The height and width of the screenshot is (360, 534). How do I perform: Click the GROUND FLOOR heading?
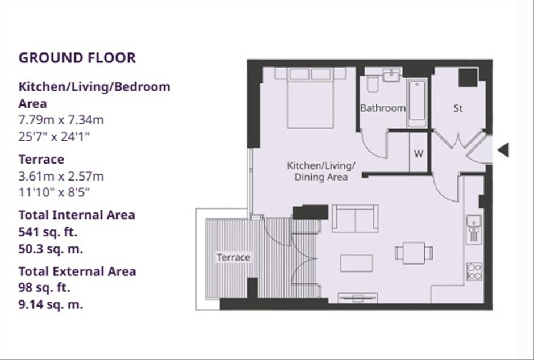pyautogui.click(x=77, y=57)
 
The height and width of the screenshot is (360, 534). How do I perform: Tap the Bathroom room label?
pyautogui.click(x=383, y=108)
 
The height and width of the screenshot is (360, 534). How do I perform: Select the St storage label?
pyautogui.click(x=458, y=108)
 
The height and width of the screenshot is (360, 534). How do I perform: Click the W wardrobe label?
pyautogui.click(x=419, y=154)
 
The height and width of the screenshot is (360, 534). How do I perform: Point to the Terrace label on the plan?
pyautogui.click(x=233, y=257)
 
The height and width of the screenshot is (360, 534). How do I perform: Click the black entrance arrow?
pyautogui.click(x=503, y=150)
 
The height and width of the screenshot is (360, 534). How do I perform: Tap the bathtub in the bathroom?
pyautogui.click(x=417, y=103)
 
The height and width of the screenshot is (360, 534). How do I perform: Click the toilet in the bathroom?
pyautogui.click(x=372, y=84)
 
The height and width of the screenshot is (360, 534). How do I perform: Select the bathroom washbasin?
pyautogui.click(x=392, y=75)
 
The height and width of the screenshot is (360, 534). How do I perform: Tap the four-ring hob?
pyautogui.click(x=474, y=271)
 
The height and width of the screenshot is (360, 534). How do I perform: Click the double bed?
pyautogui.click(x=310, y=98)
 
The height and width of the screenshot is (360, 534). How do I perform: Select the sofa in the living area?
pyautogui.click(x=355, y=219)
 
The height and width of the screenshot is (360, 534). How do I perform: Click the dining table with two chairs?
pyautogui.click(x=414, y=253)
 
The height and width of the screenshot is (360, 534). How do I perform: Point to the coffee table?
pyautogui.click(x=357, y=263)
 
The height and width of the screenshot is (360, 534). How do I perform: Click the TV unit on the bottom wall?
pyautogui.click(x=357, y=298)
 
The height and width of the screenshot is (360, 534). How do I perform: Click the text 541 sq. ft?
pyautogui.click(x=48, y=232)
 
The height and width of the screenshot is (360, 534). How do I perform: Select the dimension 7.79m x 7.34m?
pyautogui.click(x=61, y=120)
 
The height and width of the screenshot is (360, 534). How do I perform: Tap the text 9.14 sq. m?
pyautogui.click(x=51, y=304)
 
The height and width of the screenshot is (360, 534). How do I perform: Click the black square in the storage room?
pyautogui.click(x=468, y=78)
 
